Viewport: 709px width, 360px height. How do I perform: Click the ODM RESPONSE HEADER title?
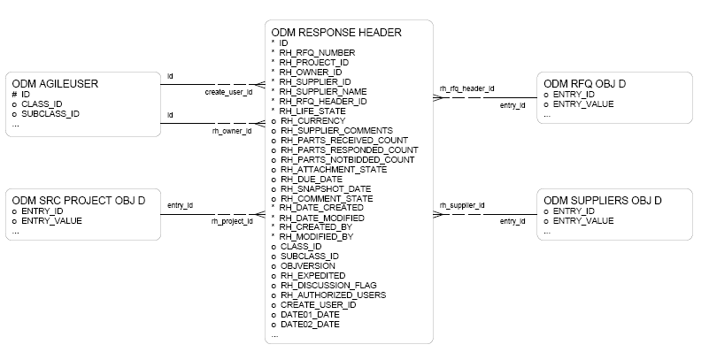336,33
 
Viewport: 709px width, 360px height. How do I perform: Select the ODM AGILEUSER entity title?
55,84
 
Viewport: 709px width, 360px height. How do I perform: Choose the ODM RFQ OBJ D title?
584,84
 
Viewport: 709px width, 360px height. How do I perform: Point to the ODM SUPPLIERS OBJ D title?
602,200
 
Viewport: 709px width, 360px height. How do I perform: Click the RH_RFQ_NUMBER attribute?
317,52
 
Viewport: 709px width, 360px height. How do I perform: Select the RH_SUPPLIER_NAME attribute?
322,91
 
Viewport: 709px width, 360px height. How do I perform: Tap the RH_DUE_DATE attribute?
311,179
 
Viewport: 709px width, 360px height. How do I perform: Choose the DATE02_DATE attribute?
310,324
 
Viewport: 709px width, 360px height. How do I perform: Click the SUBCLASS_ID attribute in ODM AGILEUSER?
50,114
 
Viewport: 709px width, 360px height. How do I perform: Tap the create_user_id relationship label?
228,92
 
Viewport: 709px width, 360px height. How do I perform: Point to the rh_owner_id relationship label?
232,131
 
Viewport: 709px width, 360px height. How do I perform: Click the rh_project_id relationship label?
232,221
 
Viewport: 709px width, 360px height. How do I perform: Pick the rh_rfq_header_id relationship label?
466,89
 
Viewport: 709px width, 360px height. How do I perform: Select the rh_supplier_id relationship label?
462,205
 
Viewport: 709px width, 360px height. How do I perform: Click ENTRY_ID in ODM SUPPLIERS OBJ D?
574,211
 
